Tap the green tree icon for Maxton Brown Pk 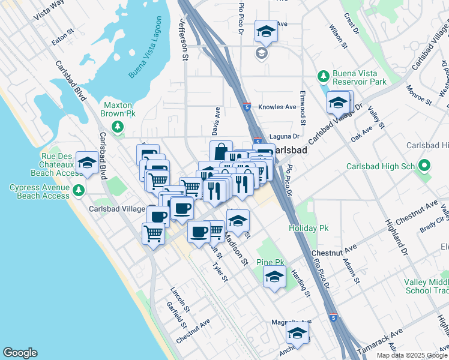pyautogui.click(x=119, y=126)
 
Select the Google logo pyautogui.click(x=20, y=353)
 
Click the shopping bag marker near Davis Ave pyautogui.click(x=220, y=151)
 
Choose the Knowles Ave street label pyautogui.click(x=277, y=107)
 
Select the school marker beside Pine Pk pyautogui.click(x=274, y=277)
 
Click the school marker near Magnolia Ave pyautogui.click(x=297, y=333)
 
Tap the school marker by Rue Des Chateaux pyautogui.click(x=88, y=163)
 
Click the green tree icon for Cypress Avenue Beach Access pyautogui.click(x=78, y=191)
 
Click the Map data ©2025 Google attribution pyautogui.click(x=412, y=355)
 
